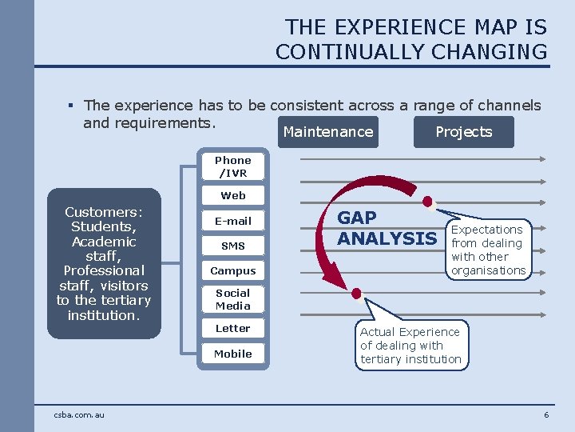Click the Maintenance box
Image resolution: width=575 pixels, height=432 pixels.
[x=327, y=132]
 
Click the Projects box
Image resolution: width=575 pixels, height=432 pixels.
[x=464, y=132]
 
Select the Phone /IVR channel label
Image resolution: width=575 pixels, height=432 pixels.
[x=233, y=166]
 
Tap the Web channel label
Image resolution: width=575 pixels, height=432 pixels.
[x=233, y=195]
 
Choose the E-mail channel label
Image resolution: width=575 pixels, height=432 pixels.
[x=233, y=221]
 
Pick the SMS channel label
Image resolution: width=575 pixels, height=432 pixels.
[x=233, y=246]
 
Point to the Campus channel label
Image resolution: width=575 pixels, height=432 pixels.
[x=233, y=271]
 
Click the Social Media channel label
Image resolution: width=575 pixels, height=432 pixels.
[x=233, y=299]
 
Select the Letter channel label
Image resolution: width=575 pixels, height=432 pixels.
[x=233, y=328]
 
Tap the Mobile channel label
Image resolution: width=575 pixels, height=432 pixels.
[x=233, y=354]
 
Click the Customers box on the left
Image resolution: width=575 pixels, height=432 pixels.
[x=104, y=263]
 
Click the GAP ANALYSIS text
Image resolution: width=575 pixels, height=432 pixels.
[x=387, y=228]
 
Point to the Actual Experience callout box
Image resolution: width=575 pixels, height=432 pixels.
[x=410, y=345]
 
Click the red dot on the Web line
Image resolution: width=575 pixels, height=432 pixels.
[x=427, y=200]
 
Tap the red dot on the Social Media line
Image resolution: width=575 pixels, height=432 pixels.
[x=356, y=293]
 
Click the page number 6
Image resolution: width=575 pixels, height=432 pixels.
[x=546, y=414]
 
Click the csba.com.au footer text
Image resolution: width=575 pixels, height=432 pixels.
[x=79, y=414]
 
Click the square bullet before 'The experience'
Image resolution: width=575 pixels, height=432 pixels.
[x=71, y=106]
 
